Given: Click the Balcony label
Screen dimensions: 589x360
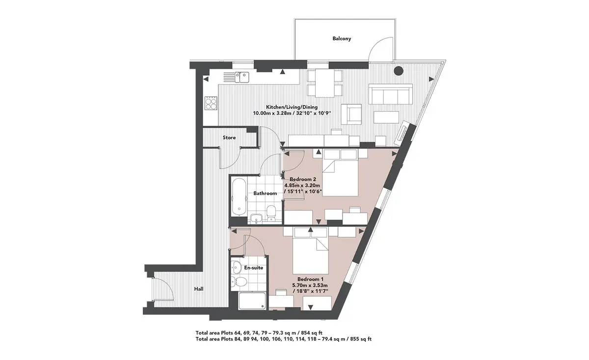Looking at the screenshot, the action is (342, 39).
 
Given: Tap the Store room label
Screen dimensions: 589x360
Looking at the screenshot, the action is (229, 138).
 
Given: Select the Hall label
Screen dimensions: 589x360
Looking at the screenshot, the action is (199, 289).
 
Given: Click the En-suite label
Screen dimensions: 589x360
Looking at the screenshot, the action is (253, 268).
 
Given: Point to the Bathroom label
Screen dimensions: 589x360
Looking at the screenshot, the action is (265, 194).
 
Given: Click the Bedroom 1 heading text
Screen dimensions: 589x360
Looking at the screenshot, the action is (310, 279).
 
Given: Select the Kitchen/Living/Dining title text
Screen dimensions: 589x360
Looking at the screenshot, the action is (292, 107).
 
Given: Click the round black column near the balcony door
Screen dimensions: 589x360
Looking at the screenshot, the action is (399, 70).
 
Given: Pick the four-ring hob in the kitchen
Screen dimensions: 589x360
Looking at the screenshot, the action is (211, 103).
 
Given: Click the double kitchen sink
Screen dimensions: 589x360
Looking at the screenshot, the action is (58, 77).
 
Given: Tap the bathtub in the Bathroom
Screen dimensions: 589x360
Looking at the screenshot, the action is (240, 197).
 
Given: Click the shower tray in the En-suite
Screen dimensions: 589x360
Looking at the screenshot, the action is (252, 301).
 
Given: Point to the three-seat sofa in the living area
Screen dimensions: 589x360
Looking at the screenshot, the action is (391, 94).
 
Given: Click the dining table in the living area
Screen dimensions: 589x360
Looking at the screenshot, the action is (325, 83).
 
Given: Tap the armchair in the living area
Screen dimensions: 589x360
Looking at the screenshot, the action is (351, 114).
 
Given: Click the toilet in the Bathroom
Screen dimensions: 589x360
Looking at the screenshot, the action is (271, 213).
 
